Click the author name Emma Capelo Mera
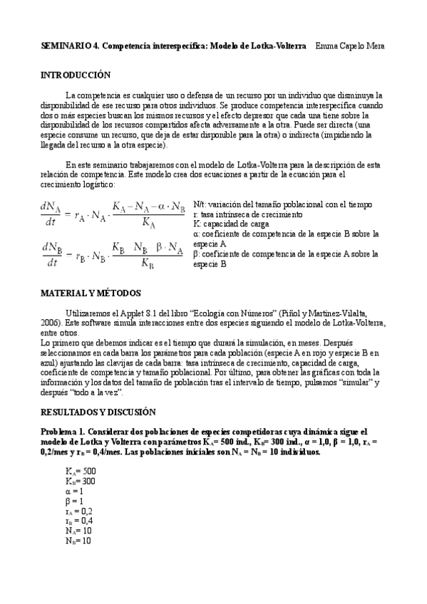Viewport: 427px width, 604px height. click(x=351, y=46)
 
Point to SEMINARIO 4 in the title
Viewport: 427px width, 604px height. click(x=69, y=46)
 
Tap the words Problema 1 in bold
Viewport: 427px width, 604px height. click(x=62, y=432)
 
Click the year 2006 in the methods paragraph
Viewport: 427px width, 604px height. click(x=51, y=323)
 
